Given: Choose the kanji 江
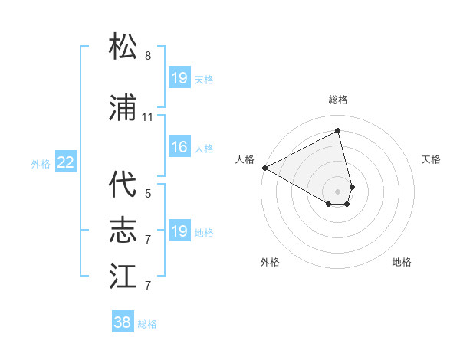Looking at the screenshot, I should pyautogui.click(x=123, y=275).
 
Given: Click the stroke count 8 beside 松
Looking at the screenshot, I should pyautogui.click(x=148, y=56).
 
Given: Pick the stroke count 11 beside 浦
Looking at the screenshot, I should pyautogui.click(x=148, y=117).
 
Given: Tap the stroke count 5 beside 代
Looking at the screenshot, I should pyautogui.click(x=148, y=194).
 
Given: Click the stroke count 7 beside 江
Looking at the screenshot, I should pyautogui.click(x=148, y=286).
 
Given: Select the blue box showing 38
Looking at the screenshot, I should pyautogui.click(x=123, y=322).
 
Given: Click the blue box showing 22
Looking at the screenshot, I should pyautogui.click(x=66, y=162).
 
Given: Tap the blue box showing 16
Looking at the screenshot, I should pyautogui.click(x=179, y=147).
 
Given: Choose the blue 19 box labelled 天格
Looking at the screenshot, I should pyautogui.click(x=179, y=78).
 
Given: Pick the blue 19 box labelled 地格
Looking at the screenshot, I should pyautogui.click(x=179, y=231).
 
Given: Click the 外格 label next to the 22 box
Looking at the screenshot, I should pyautogui.click(x=41, y=163).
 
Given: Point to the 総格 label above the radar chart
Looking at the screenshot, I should pyautogui.click(x=338, y=100).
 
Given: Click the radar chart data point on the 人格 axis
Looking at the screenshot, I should pyautogui.click(x=264, y=168).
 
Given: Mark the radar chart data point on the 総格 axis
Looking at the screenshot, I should pyautogui.click(x=338, y=131).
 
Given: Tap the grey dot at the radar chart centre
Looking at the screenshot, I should pyautogui.click(x=338, y=190).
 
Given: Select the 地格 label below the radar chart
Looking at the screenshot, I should pyautogui.click(x=402, y=262).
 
